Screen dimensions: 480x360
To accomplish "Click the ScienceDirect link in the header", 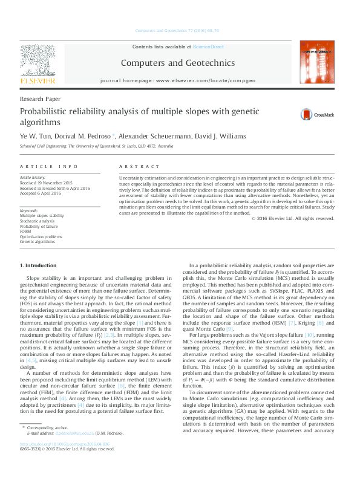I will point(208,47).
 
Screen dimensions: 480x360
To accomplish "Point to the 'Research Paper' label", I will point(40,98).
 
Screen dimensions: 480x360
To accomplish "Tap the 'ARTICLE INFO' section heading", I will point(48,166).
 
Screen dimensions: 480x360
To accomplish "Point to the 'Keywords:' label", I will point(30,210).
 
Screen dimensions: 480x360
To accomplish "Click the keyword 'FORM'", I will point(26,230).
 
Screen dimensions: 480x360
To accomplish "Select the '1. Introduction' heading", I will point(41,265).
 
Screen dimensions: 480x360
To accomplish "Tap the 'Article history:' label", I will point(35,178).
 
